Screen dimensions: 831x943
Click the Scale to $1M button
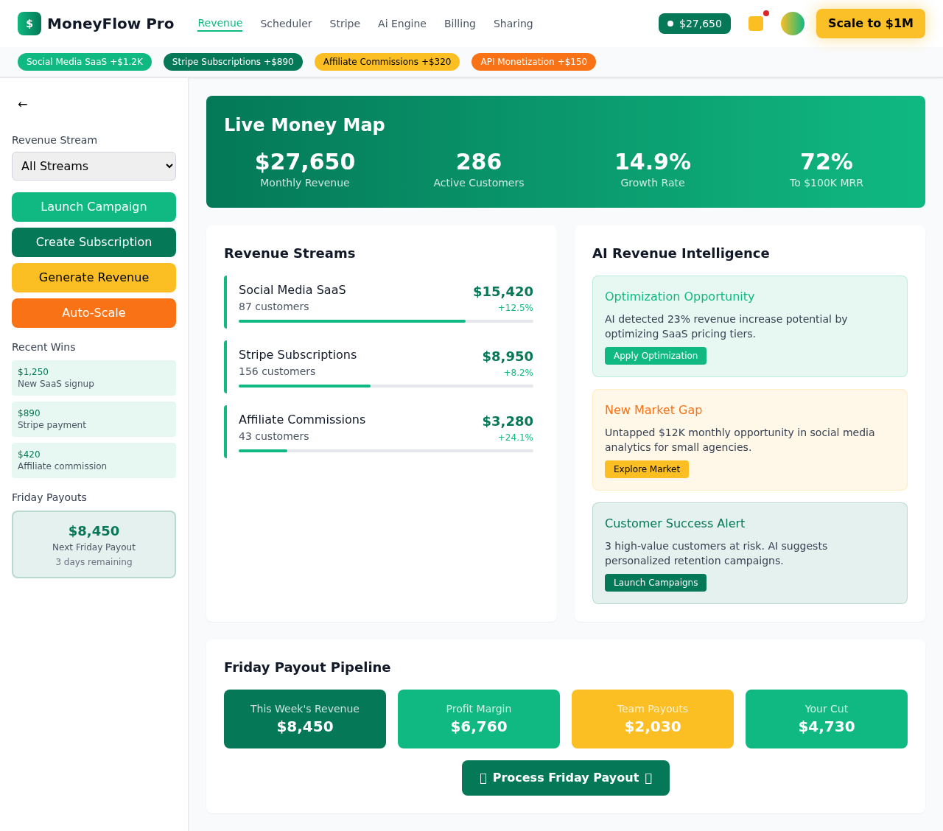coord(870,24)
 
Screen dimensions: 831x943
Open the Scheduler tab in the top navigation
coord(286,24)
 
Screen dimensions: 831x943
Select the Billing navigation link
coord(460,24)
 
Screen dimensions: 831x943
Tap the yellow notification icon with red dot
coord(756,24)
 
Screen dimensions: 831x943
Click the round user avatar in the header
coord(793,24)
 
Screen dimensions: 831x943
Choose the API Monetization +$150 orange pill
coord(533,62)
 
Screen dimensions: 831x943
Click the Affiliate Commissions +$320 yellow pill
coord(387,62)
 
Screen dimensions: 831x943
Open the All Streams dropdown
coord(94,166)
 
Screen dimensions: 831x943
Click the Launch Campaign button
coord(94,207)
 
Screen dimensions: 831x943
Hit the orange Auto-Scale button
coord(94,313)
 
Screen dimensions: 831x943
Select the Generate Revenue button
coord(94,278)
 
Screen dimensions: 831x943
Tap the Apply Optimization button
coord(655,356)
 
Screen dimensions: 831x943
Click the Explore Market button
coord(646,469)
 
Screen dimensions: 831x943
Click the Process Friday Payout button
coord(565,778)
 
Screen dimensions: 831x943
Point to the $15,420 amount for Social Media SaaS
coord(502,292)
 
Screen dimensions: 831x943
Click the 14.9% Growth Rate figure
coord(652,162)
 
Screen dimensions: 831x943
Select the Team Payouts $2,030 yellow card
coord(652,719)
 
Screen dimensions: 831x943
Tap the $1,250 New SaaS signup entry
coord(94,378)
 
